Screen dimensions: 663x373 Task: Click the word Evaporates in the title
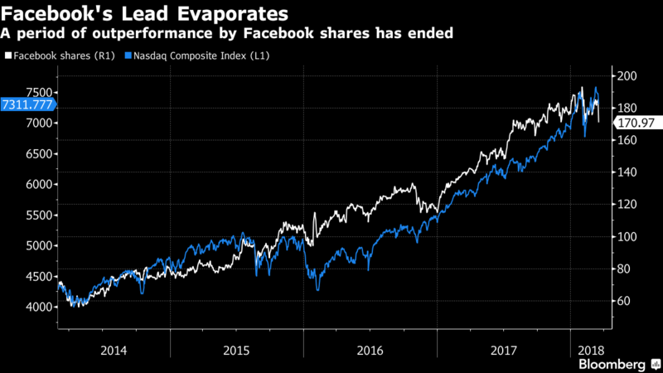pos(233,14)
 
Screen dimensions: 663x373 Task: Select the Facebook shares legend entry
pos(60,56)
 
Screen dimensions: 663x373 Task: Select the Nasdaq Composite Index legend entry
pos(197,56)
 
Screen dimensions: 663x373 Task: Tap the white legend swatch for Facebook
pos(8,56)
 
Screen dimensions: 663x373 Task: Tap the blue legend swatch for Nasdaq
pos(128,56)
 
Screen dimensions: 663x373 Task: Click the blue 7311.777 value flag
pos(28,104)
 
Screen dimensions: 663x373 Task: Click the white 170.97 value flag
pos(637,123)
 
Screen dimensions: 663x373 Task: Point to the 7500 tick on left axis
pos(39,93)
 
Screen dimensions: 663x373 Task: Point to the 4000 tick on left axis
pos(39,307)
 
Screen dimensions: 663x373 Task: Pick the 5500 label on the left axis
pos(39,216)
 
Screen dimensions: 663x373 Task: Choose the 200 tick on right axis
pos(627,76)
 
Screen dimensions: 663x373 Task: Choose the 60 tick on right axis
pos(625,301)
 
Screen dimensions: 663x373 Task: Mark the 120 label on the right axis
pos(627,205)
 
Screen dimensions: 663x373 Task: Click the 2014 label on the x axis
pos(114,351)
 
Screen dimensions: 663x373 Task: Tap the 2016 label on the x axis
pos(370,351)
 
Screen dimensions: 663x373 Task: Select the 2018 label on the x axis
pos(591,351)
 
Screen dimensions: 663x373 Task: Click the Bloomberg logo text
pos(612,365)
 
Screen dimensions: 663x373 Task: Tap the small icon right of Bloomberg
pos(656,364)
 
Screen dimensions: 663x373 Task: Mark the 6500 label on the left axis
pos(39,154)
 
